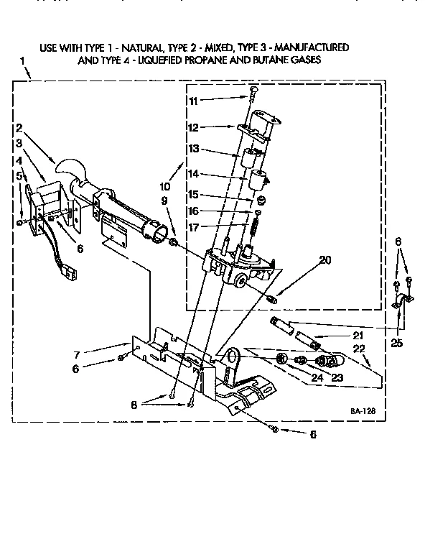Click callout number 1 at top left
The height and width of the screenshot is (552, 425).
pyautogui.click(x=24, y=62)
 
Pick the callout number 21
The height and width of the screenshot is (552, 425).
pyautogui.click(x=357, y=336)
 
